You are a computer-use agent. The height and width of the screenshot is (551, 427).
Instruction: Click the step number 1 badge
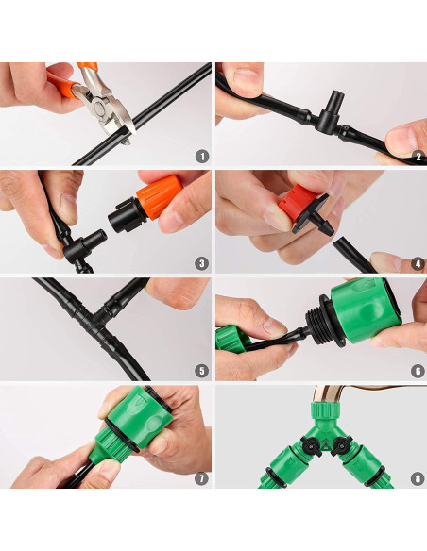click(202, 157)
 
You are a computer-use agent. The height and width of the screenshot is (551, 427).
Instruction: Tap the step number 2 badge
click(418, 157)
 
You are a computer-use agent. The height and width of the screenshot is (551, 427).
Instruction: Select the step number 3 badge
click(201, 263)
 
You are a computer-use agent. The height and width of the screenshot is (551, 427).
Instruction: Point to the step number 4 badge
click(418, 263)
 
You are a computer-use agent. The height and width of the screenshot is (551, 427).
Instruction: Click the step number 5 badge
click(201, 371)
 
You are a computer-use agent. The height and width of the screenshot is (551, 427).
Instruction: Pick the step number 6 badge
click(418, 371)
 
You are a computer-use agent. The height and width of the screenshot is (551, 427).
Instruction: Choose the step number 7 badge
click(201, 478)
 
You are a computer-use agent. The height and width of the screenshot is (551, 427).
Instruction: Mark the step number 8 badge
click(418, 478)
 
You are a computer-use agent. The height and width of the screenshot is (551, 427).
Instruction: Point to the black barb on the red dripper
click(322, 225)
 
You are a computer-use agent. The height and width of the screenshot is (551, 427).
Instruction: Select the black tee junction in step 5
click(95, 317)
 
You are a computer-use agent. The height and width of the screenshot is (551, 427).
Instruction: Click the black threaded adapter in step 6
click(324, 322)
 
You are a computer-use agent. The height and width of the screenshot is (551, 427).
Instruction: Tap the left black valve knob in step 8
click(312, 446)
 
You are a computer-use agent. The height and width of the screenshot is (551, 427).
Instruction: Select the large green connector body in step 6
click(366, 311)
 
